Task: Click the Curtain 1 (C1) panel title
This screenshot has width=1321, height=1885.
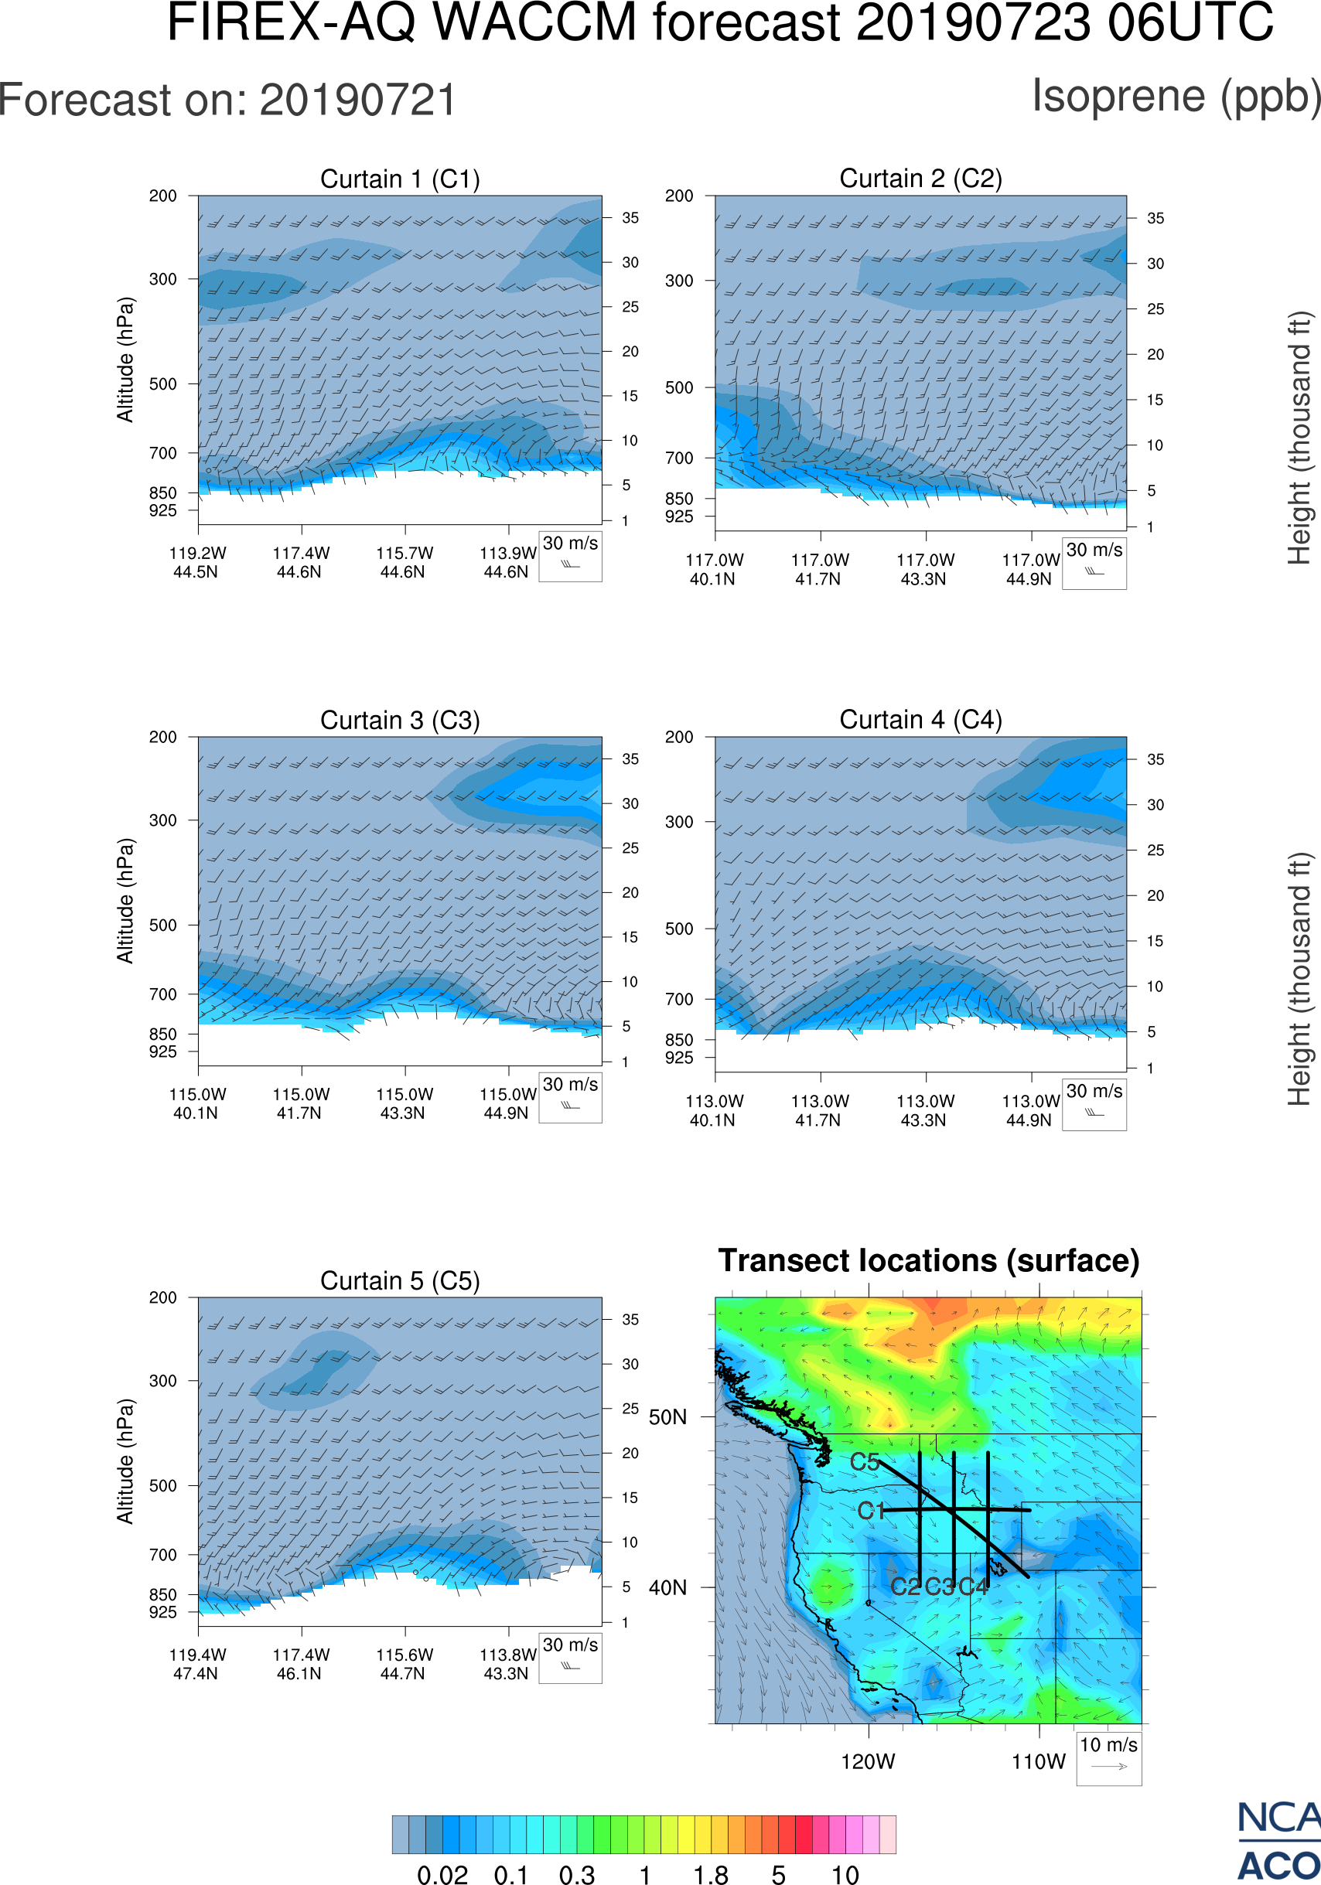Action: pos(400,179)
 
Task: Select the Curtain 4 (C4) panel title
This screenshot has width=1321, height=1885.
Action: pos(920,720)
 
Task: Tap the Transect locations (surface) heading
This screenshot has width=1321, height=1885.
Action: pos(929,1261)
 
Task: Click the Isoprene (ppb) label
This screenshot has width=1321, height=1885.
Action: pos(1176,96)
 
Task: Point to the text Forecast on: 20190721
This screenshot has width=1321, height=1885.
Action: pos(227,101)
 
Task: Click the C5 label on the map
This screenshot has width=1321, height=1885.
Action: pos(865,1462)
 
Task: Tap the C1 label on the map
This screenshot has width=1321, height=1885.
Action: pos(870,1511)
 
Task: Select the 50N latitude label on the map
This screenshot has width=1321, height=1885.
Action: pos(667,1418)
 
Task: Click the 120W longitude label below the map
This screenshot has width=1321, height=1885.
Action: pos(868,1762)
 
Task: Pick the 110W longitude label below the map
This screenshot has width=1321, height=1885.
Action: pos(1039,1762)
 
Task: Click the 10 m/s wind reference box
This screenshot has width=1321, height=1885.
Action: pos(1108,1757)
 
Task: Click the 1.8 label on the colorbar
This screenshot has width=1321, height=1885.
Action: pos(710,1874)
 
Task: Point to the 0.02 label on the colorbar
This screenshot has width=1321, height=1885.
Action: pos(442,1874)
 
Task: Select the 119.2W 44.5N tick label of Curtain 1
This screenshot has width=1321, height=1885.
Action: pos(197,562)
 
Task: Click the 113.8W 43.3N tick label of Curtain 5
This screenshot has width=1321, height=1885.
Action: pos(507,1664)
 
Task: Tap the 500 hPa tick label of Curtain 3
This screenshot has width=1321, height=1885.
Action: pos(162,925)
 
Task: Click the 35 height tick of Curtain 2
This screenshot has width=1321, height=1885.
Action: pos(1155,218)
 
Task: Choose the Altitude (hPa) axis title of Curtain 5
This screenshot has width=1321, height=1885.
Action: pos(125,1461)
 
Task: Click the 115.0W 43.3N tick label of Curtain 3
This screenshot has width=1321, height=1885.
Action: pos(404,1103)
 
